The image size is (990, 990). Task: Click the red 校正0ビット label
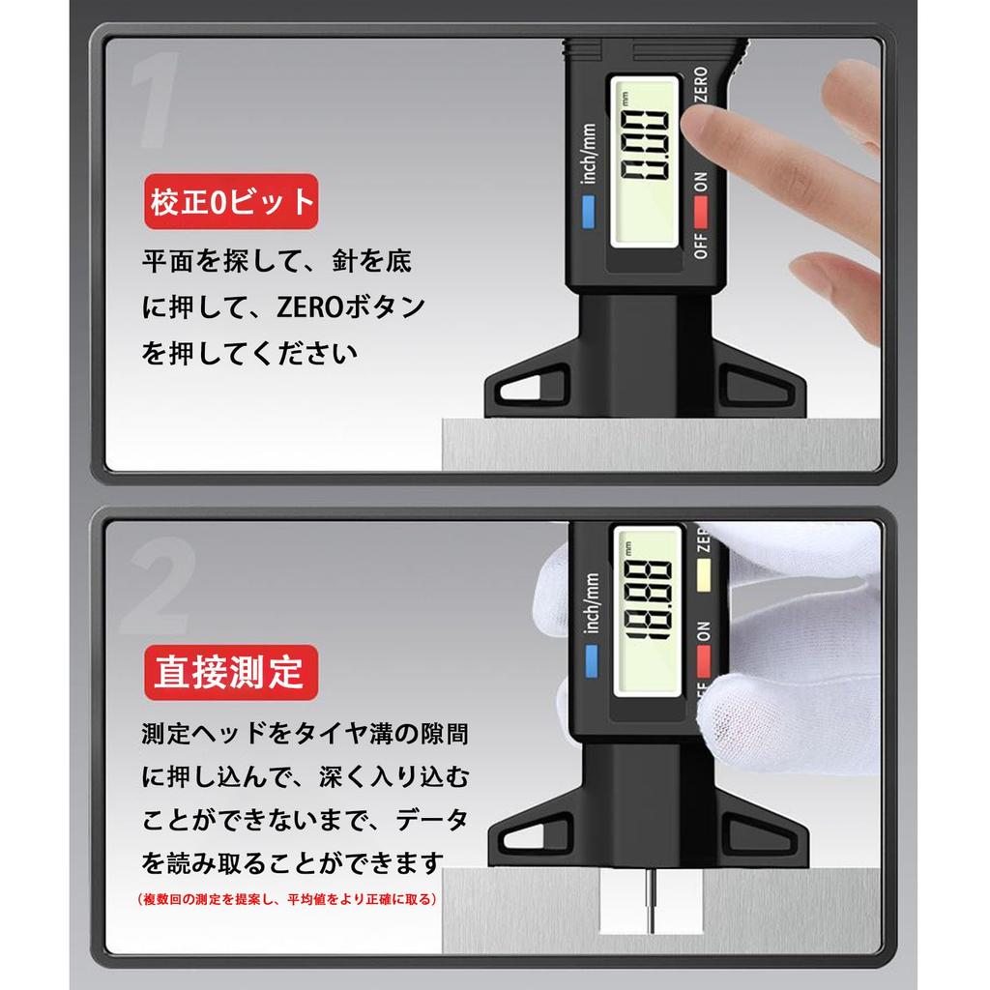click(x=231, y=201)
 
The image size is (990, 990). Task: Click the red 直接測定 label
click(x=230, y=671)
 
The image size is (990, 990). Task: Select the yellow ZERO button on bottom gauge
click(x=703, y=574)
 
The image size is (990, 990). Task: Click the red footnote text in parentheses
click(x=288, y=899)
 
